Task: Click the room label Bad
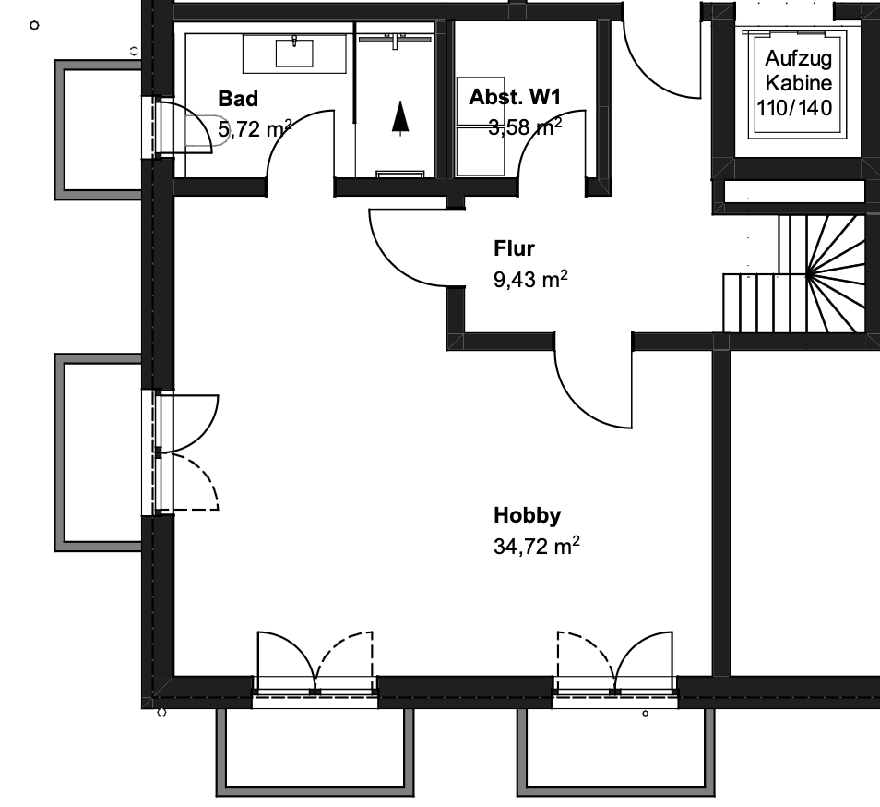click(238, 99)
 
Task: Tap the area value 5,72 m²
click(255, 128)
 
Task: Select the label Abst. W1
click(515, 97)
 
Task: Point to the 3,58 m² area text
click(525, 126)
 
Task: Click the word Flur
click(514, 248)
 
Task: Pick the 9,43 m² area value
click(530, 279)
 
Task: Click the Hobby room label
click(527, 515)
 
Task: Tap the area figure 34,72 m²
click(537, 546)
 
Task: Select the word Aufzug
click(798, 58)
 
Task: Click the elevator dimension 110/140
click(794, 108)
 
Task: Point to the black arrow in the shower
click(399, 118)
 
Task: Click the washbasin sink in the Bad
click(294, 54)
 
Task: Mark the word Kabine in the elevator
click(798, 83)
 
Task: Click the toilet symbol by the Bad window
click(205, 130)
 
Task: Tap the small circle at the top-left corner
click(34, 25)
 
